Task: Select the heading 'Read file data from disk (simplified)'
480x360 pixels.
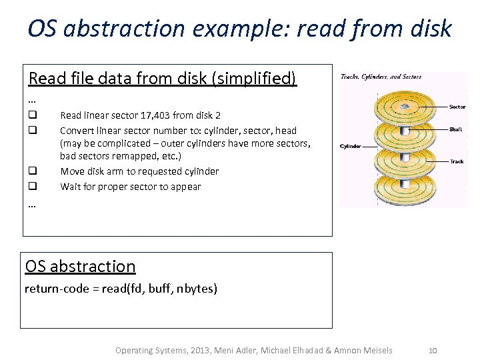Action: (162, 79)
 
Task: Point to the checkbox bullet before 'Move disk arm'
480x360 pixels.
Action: (32, 171)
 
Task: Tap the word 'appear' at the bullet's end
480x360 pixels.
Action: (185, 187)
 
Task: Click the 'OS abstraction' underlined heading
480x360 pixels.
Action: (80, 267)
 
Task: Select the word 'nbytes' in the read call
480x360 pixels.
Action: (198, 289)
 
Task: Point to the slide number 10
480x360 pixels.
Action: (432, 351)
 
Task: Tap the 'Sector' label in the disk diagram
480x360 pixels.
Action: (457, 107)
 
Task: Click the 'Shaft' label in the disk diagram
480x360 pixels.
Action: (456, 129)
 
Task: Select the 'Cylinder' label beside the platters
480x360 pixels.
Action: (351, 146)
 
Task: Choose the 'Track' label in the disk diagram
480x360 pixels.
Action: (457, 162)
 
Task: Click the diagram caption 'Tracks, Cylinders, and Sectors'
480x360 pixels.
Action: (381, 77)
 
